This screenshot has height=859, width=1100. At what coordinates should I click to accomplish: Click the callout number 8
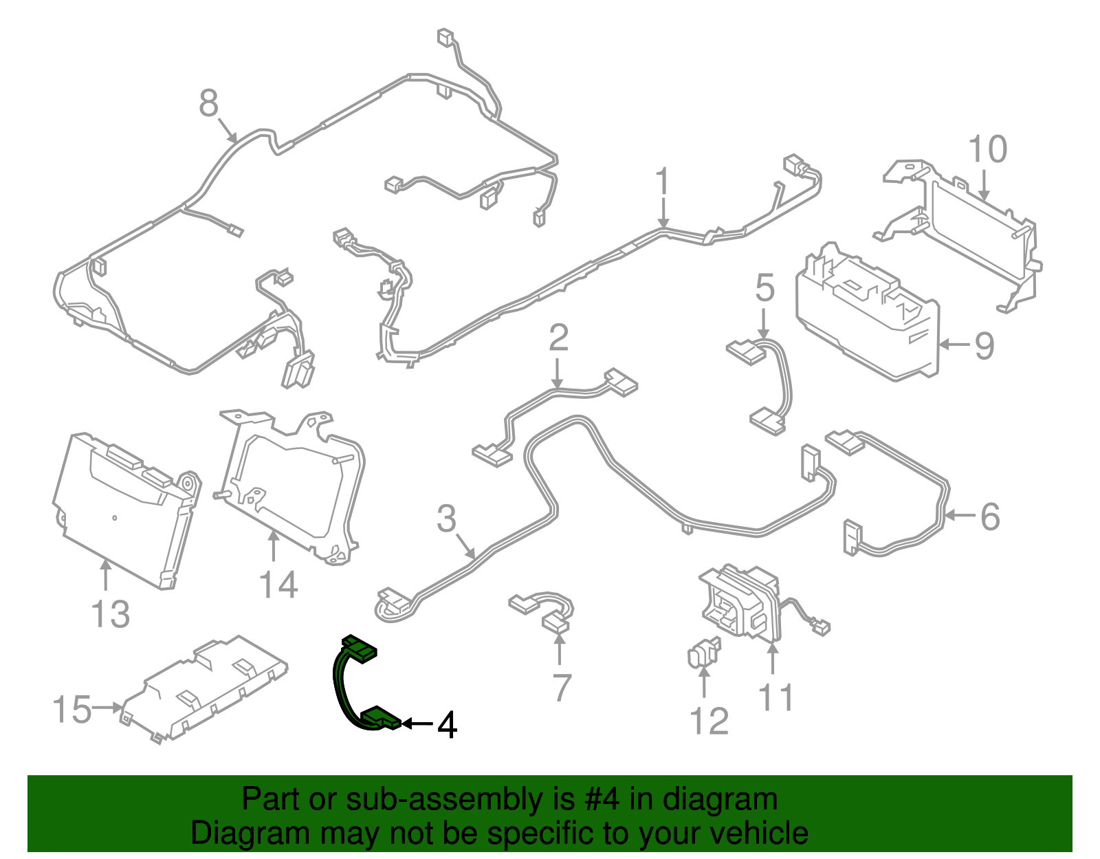pyautogui.click(x=208, y=105)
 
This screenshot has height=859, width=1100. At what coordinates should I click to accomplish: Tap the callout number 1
pyautogui.click(x=662, y=182)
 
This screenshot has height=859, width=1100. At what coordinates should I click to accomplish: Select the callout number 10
pyautogui.click(x=987, y=150)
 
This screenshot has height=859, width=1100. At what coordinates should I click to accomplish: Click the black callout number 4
pyautogui.click(x=447, y=725)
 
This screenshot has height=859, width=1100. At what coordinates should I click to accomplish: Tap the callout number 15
pyautogui.click(x=72, y=710)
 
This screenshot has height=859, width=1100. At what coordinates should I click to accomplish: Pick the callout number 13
pyautogui.click(x=110, y=613)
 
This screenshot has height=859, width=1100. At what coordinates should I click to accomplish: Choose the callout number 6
pyautogui.click(x=989, y=517)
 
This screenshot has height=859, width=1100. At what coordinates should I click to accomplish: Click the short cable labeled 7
pyautogui.click(x=543, y=609)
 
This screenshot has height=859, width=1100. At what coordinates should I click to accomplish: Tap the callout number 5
pyautogui.click(x=764, y=287)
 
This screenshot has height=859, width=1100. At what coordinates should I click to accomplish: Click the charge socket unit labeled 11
pyautogui.click(x=739, y=602)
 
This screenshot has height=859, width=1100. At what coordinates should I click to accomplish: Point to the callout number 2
pyautogui.click(x=558, y=338)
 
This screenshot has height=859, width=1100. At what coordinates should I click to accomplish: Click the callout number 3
pyautogui.click(x=447, y=519)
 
